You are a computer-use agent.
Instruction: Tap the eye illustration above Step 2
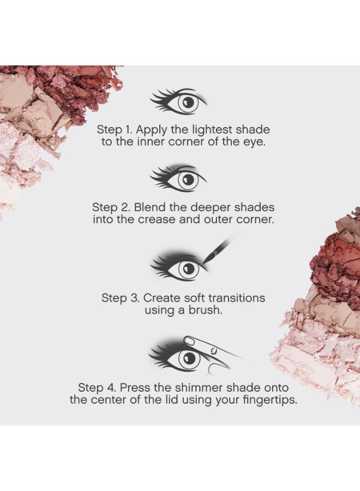pos(178,178)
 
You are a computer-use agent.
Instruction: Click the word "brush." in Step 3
pos(205,310)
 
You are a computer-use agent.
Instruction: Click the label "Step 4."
pos(97,388)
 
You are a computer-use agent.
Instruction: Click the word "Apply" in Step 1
pos(152,130)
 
